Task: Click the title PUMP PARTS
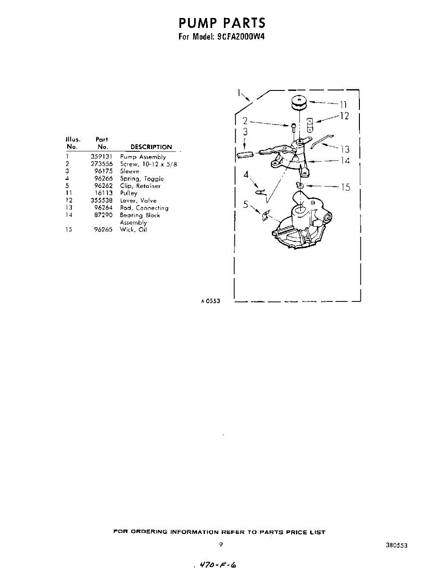tap(222, 23)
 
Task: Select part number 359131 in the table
tap(101, 157)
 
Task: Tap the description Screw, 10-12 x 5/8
tap(148, 164)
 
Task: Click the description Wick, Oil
tap(134, 230)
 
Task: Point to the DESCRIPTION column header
tap(151, 147)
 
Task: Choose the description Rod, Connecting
tap(144, 208)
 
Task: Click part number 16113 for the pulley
tap(103, 193)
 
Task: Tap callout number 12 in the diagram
tap(344, 115)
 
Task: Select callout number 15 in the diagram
tap(346, 187)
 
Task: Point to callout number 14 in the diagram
tap(345, 161)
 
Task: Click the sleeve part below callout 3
tap(245, 154)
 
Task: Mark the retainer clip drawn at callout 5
tap(266, 215)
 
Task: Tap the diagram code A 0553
tap(210, 301)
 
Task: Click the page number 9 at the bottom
tap(221, 545)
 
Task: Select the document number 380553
tap(397, 545)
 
